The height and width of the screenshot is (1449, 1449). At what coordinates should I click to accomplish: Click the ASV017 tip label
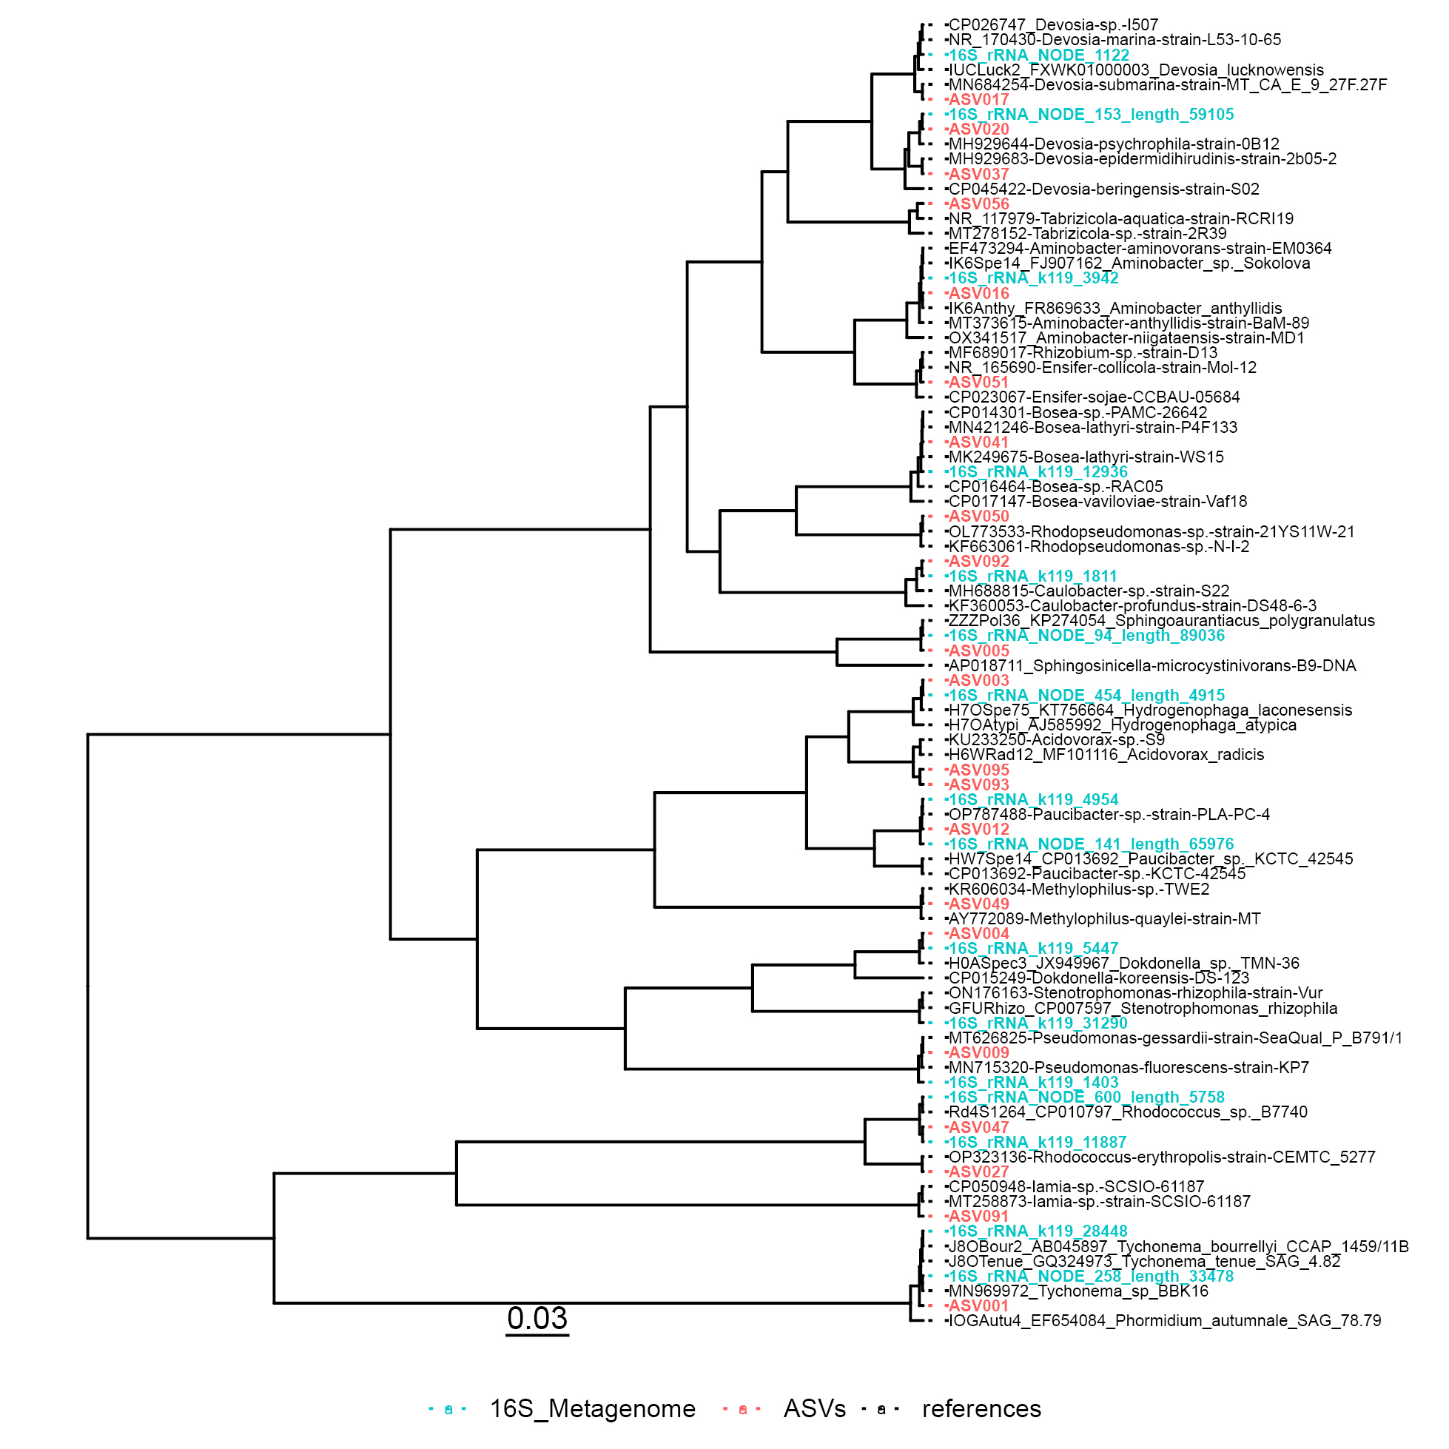979,100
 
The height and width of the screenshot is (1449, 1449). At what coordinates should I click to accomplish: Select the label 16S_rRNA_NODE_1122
1039,55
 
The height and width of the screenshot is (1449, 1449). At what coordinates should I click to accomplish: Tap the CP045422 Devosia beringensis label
1103,189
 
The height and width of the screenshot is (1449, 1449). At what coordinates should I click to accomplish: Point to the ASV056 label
979,204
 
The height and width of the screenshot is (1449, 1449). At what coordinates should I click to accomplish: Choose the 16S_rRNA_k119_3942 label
1034,278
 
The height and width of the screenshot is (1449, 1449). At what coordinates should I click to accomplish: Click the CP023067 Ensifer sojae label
1095,397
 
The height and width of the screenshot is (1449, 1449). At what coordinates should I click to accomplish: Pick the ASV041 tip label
979,442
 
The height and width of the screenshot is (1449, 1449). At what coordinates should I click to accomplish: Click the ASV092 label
979,561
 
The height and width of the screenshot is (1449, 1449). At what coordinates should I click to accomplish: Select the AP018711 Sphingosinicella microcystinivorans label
1152,665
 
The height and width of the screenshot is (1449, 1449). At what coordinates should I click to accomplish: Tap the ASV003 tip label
979,680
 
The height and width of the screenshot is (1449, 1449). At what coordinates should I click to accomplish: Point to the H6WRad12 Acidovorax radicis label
1106,755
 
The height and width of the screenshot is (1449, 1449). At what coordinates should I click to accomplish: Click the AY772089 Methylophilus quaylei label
1105,918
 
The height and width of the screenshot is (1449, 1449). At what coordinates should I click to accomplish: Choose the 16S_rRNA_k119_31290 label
1038,1023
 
